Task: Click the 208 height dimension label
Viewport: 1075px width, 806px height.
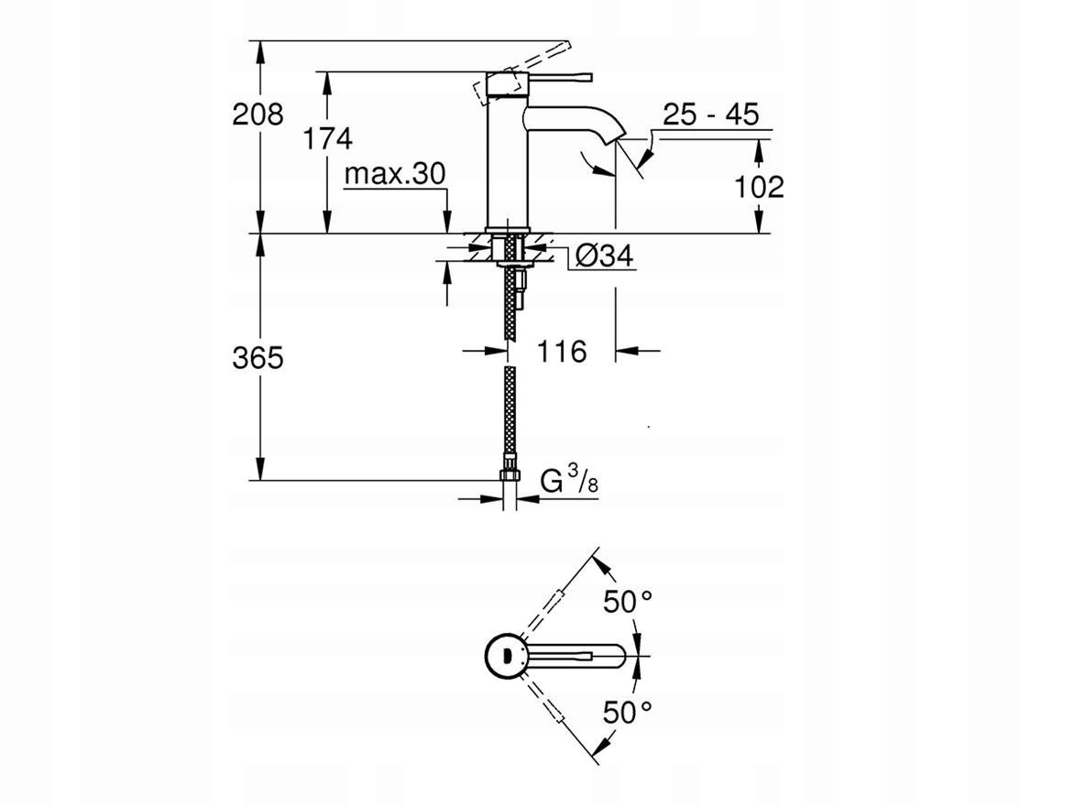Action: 258,114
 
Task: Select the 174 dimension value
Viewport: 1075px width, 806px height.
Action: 328,138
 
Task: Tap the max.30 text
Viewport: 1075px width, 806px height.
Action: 395,174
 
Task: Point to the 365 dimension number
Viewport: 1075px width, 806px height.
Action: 258,358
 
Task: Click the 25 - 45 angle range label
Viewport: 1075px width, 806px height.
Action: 711,114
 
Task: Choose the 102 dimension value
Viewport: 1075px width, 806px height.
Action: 759,187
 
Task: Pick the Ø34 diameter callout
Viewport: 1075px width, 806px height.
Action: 604,256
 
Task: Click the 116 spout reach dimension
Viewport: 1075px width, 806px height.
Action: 562,352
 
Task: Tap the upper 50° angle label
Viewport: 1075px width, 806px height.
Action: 627,602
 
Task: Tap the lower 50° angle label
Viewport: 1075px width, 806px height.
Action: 627,713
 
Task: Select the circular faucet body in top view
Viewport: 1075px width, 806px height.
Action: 507,655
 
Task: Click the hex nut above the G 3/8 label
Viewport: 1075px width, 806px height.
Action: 510,474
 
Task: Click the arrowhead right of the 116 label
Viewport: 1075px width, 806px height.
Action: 627,352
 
